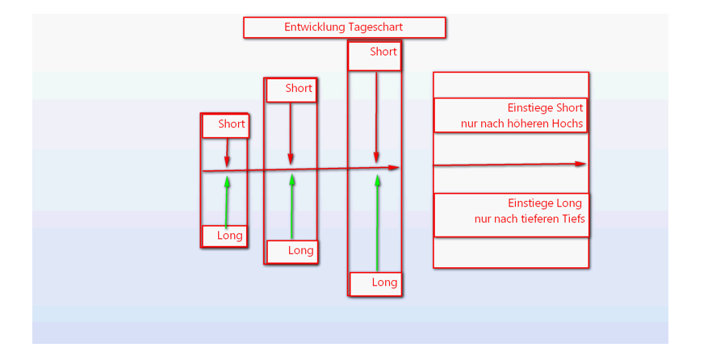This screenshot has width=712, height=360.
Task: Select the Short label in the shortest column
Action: pos(231,124)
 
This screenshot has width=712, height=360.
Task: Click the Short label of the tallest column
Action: pos(383,52)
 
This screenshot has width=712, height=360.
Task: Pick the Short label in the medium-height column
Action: pos(299,89)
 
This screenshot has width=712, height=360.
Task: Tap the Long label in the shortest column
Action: pos(230,236)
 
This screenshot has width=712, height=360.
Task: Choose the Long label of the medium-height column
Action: pos(300,251)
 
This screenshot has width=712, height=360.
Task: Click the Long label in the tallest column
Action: pos(384,283)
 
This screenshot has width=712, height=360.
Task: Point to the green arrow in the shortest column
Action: pos(227,202)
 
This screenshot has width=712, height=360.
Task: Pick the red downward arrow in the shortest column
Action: pos(228,152)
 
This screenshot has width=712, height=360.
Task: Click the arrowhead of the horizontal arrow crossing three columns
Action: pos(395,168)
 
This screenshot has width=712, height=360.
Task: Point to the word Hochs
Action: pos(568,123)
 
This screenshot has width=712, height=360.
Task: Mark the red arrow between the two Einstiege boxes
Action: pos(509,165)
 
